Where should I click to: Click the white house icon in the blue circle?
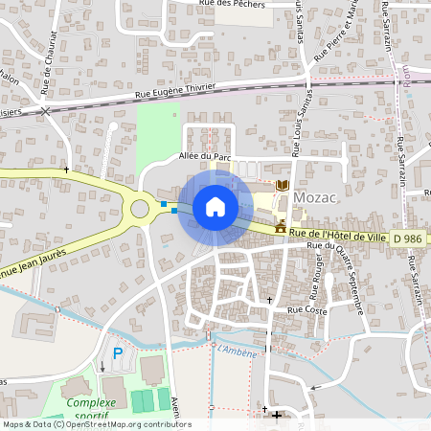(x=215, y=207)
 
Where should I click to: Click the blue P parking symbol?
(x=119, y=353)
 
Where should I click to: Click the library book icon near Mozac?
(x=282, y=185)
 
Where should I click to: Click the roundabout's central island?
(x=141, y=206)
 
